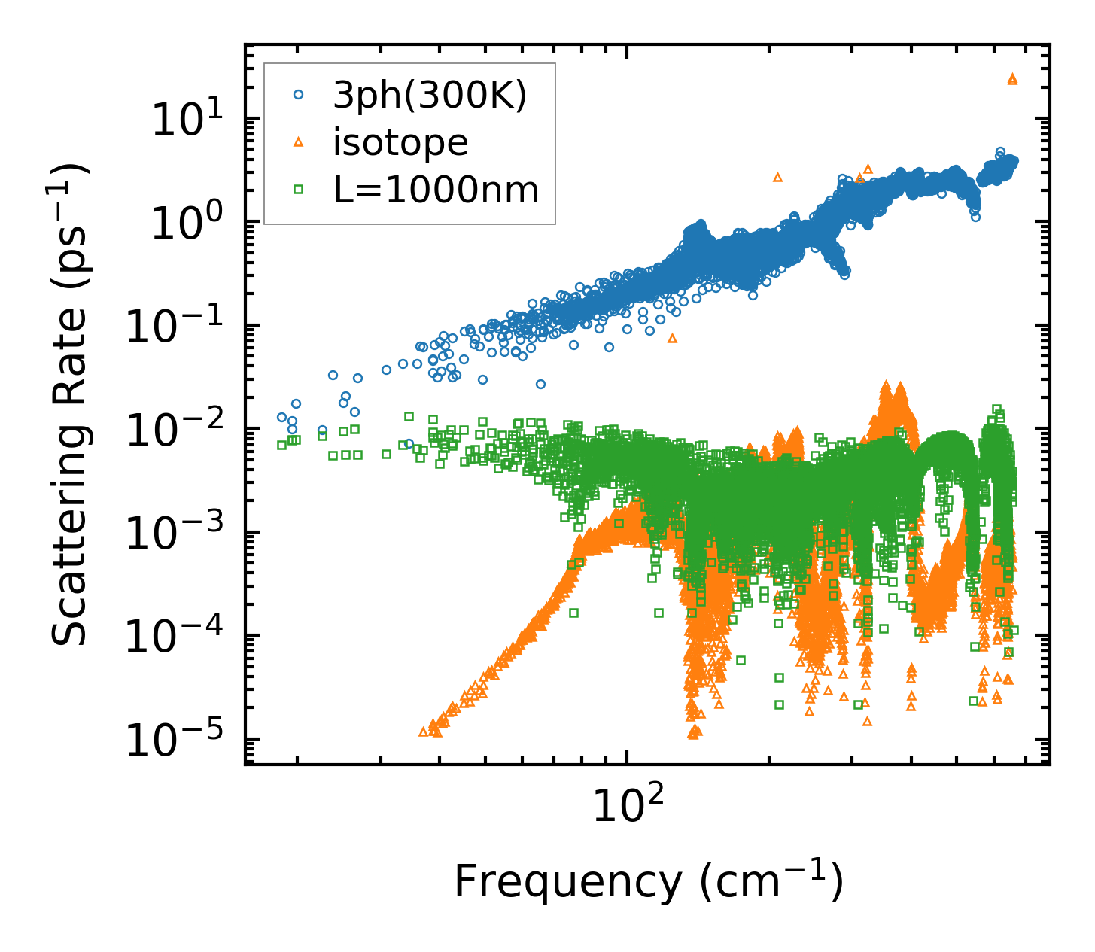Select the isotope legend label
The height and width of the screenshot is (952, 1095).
click(x=400, y=143)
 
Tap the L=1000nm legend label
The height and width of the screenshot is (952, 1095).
click(x=436, y=190)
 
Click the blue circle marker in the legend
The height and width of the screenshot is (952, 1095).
click(x=298, y=95)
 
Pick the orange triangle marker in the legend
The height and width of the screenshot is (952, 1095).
click(x=298, y=142)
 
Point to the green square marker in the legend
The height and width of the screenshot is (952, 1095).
click(x=298, y=190)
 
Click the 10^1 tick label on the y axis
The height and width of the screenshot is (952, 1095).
click(x=185, y=120)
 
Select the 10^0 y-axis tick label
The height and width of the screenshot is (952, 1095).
click(x=185, y=224)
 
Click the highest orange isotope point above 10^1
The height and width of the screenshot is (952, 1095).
click(x=1012, y=78)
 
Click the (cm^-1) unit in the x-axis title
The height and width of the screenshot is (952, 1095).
click(x=771, y=882)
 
